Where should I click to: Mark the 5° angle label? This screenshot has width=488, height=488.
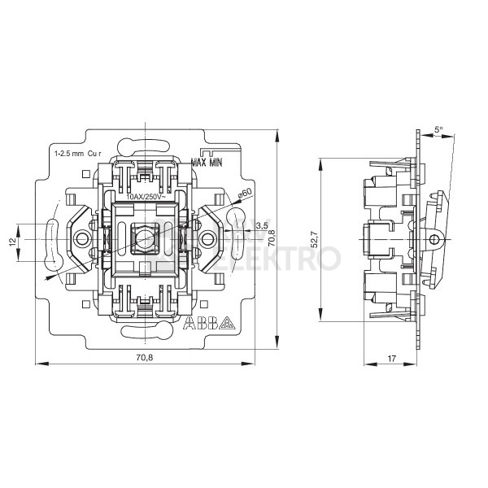[x=438, y=129]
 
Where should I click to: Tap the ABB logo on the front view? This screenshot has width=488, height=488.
[x=199, y=323]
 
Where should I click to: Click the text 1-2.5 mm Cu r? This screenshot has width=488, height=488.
[x=76, y=152]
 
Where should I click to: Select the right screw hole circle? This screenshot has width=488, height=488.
[x=208, y=240]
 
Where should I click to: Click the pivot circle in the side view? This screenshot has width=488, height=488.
[x=434, y=240]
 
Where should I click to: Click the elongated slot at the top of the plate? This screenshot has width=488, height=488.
[x=146, y=147]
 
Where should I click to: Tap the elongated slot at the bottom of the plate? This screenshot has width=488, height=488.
[x=146, y=332]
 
